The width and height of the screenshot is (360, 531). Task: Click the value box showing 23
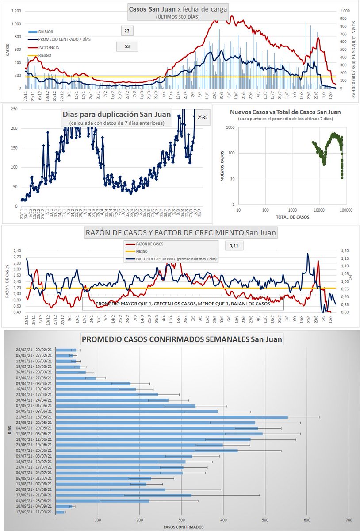(126, 31)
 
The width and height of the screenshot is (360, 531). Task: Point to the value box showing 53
(126, 46)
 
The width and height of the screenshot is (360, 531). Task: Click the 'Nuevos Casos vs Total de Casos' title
(285, 112)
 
